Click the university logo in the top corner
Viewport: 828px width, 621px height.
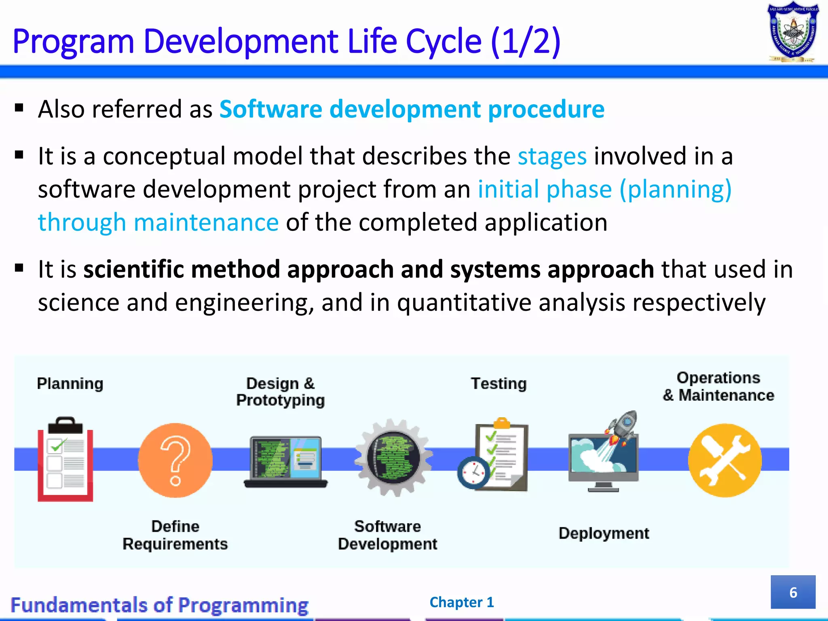coord(793,32)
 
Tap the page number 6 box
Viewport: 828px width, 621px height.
coord(793,592)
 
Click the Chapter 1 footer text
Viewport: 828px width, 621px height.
coord(462,602)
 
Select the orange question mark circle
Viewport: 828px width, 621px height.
coord(175,460)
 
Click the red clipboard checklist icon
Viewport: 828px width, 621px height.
coord(65,461)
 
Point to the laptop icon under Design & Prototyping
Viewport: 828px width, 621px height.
coord(285,462)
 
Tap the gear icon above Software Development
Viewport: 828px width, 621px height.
coord(393,458)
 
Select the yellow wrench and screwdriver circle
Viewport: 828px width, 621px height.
coord(725,460)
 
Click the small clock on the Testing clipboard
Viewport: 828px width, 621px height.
coord(473,472)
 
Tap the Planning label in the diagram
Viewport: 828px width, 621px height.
coord(70,383)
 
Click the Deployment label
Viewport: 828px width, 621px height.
coord(604,533)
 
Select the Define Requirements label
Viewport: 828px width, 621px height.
coord(175,535)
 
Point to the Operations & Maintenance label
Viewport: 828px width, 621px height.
coord(718,387)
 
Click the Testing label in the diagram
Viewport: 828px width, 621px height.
coord(499,383)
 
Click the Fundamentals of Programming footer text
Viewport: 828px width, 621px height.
coord(159,605)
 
